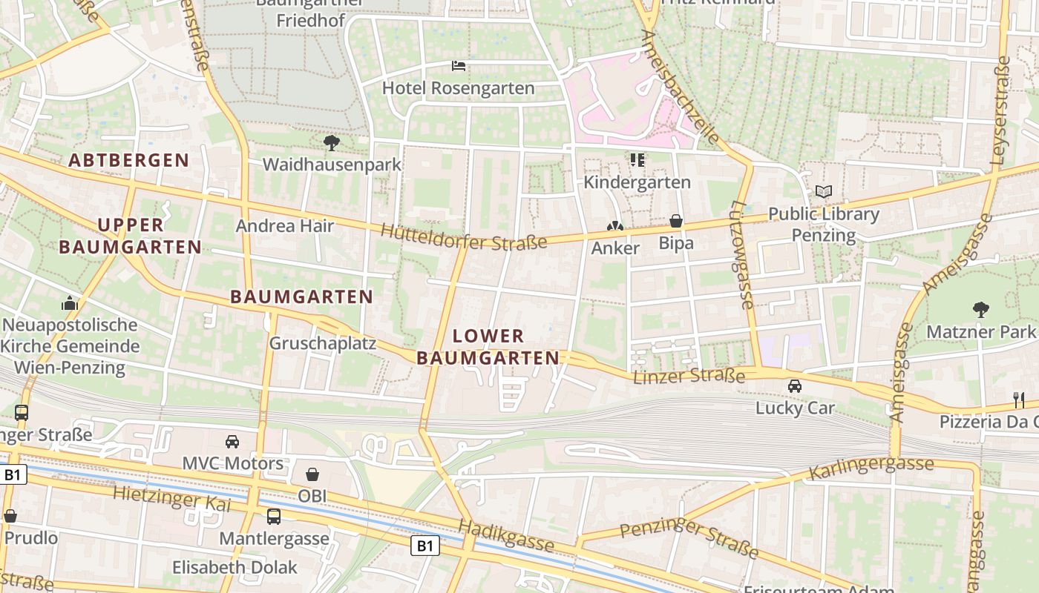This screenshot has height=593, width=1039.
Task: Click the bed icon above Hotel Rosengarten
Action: coord(459,66)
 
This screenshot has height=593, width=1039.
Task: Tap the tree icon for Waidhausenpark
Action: coord(331,142)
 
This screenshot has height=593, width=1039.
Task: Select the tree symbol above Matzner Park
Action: coord(980,309)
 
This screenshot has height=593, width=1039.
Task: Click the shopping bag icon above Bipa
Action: coord(676,221)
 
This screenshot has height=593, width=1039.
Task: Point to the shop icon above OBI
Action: coord(312,474)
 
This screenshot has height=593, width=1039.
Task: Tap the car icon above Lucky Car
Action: coord(795,386)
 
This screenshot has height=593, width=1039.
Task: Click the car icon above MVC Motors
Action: coord(232,442)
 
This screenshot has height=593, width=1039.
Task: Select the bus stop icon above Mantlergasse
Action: coord(274,517)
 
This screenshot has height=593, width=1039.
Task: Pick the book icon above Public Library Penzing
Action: coord(824,192)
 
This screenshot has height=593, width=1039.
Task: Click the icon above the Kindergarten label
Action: coord(637,159)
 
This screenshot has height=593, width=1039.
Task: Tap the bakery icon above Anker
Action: coord(615,226)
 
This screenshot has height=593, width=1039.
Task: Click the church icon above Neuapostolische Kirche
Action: coord(70,303)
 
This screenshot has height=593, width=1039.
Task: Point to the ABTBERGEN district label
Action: coord(129,160)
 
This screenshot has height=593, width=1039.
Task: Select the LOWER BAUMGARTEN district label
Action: coord(488,347)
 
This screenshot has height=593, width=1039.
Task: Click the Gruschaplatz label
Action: coord(322,344)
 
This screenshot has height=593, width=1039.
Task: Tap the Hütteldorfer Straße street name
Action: coord(464,236)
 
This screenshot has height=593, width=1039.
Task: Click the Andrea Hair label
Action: coord(285,226)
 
